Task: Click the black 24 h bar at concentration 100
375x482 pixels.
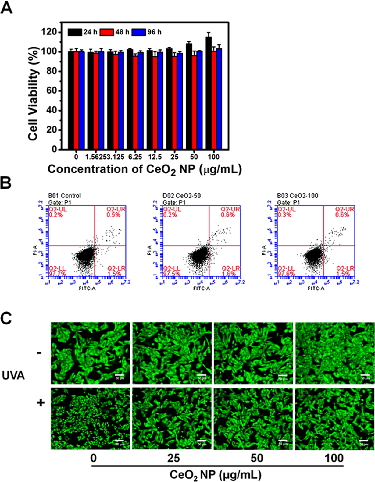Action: pos(209,94)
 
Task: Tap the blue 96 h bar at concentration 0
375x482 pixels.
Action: pos(81,101)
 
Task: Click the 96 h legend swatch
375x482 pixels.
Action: pos(139,32)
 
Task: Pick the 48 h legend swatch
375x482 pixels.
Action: pos(107,32)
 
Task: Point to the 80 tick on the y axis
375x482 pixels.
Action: pos(52,71)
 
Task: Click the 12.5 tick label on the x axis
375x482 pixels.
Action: pos(155,157)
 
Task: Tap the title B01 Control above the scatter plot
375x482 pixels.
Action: pos(65,196)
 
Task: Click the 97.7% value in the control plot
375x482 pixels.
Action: pos(56,274)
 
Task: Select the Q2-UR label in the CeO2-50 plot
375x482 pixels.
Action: pos(230,209)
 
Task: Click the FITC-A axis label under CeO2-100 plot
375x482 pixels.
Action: pos(316,288)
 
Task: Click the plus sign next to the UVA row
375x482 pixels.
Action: pos(41,403)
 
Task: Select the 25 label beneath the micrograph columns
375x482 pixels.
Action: pos(173,458)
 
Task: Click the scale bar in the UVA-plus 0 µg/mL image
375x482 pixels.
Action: pos(120,441)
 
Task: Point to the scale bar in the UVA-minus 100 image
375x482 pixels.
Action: pos(365,375)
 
